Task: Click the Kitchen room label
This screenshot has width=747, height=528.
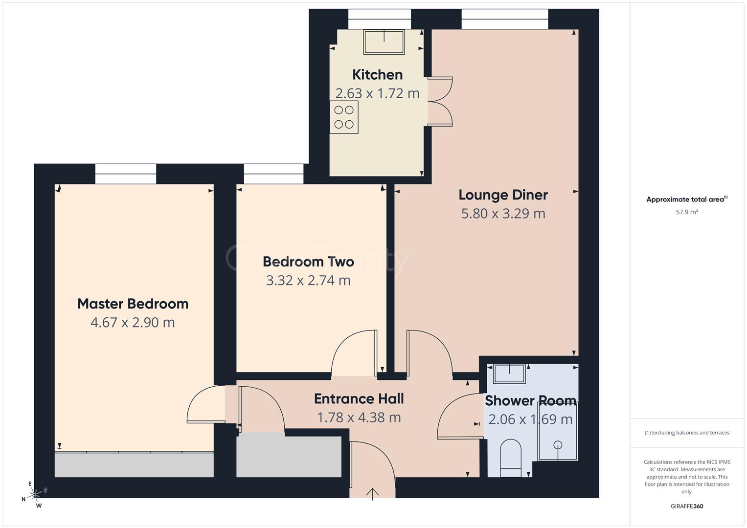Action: click(x=377, y=75)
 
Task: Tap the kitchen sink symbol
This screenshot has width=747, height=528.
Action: click(x=384, y=42)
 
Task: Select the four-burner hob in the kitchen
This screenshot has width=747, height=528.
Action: click(x=344, y=117)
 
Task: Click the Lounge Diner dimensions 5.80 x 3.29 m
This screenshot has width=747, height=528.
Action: click(x=503, y=214)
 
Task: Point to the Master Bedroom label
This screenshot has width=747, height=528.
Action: click(x=133, y=304)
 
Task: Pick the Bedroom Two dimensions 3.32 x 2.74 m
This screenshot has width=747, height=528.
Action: click(x=308, y=281)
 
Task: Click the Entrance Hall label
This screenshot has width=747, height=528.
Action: click(x=359, y=399)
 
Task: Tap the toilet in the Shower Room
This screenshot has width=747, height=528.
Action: click(x=511, y=458)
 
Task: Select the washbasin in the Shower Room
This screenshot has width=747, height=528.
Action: click(x=509, y=374)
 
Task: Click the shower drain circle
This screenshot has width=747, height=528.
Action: click(x=558, y=445)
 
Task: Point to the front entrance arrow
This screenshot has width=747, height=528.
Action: click(x=372, y=493)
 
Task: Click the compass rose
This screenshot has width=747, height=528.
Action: click(x=34, y=495)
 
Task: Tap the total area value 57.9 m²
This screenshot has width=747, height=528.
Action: click(x=687, y=212)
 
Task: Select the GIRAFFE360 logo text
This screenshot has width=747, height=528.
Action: click(x=687, y=506)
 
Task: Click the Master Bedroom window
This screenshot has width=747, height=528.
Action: click(x=126, y=174)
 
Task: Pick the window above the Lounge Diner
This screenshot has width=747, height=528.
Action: click(x=505, y=19)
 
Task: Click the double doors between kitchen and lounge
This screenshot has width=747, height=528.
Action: click(x=440, y=101)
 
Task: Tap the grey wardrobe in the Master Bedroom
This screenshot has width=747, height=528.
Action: click(x=134, y=464)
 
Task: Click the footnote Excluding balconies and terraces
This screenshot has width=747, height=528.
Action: click(x=687, y=433)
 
